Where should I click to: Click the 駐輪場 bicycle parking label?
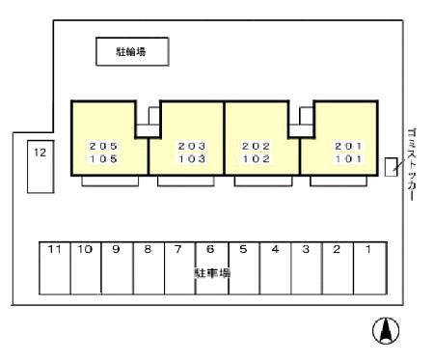click(131, 51)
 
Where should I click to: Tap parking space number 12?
click(41, 166)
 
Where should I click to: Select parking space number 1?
click(370, 268)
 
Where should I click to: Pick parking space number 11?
click(55, 268)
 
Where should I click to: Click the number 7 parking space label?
click(178, 249)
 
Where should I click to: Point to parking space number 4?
click(276, 268)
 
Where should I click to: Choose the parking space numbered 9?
click(118, 268)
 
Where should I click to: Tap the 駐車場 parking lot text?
click(212, 273)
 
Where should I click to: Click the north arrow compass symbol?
click(386, 330)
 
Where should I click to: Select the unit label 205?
click(103, 146)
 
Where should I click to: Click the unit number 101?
click(348, 158)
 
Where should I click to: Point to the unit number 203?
click(192, 146)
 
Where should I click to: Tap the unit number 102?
click(257, 158)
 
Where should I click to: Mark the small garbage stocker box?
click(391, 167)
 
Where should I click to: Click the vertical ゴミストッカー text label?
click(412, 165)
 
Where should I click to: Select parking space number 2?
click(339, 268)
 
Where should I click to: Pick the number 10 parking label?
click(85, 249)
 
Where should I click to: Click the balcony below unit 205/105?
click(110, 181)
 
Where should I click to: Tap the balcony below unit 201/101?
click(339, 181)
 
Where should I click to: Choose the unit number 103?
click(192, 158)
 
